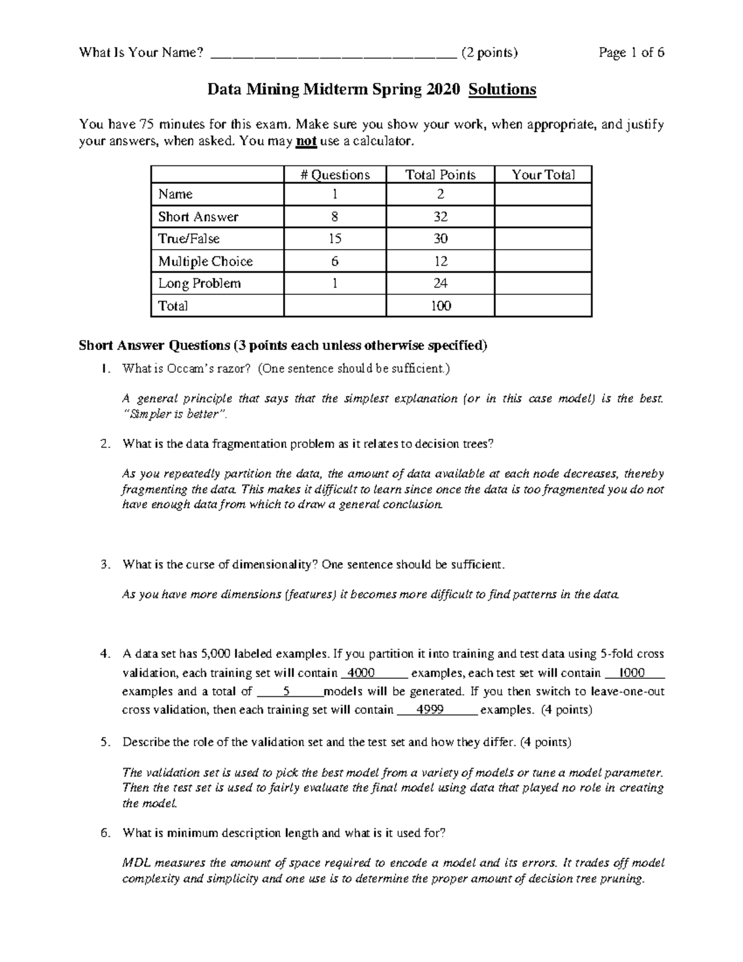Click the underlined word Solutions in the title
(x=502, y=90)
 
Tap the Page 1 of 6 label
(x=631, y=53)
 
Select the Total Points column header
(x=440, y=175)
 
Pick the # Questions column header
(x=335, y=175)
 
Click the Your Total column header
(x=543, y=175)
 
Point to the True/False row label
(x=189, y=238)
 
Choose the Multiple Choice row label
(x=205, y=261)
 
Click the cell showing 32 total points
(x=440, y=217)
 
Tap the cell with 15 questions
(x=335, y=239)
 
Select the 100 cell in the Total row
(x=440, y=306)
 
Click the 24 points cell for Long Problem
(x=440, y=284)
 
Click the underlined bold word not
(x=306, y=141)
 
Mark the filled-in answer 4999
(x=429, y=710)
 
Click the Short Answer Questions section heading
(x=283, y=346)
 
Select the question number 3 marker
(x=105, y=565)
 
